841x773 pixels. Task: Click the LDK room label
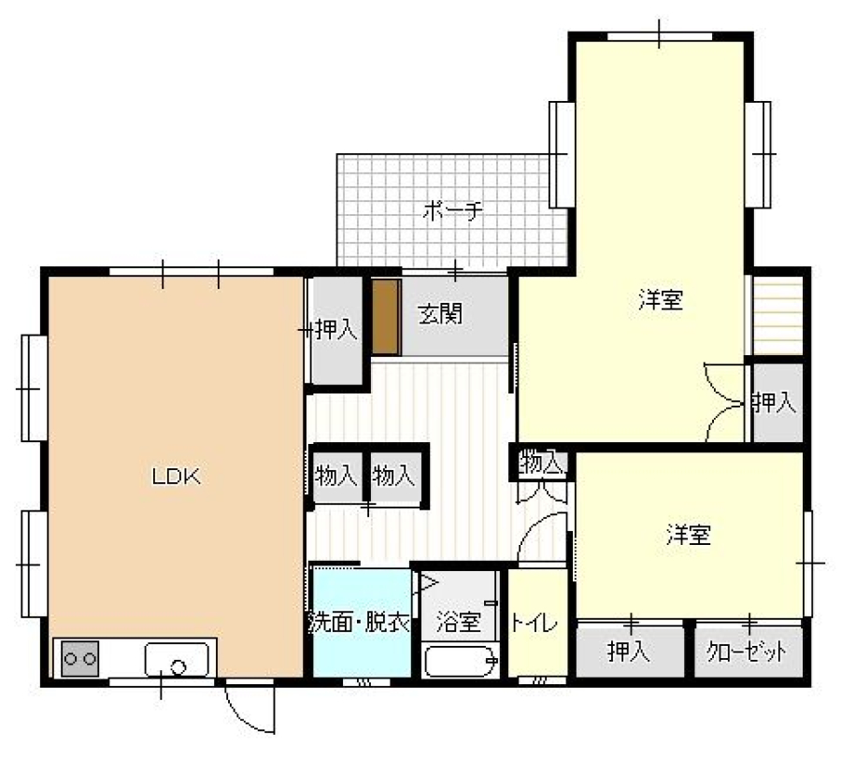177,477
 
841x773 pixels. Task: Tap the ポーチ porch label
452,211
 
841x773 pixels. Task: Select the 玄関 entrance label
440,314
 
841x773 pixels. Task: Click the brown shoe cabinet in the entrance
387,317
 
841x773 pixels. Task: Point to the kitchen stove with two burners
80,658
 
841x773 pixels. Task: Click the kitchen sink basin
177,660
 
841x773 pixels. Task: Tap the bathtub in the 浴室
460,662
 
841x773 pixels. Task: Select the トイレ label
535,623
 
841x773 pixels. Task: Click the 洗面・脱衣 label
361,623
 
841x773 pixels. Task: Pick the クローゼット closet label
747,651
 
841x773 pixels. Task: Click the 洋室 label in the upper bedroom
661,300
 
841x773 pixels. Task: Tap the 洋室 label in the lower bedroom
689,535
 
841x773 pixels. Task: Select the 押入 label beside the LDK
336,329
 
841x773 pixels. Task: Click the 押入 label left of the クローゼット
629,651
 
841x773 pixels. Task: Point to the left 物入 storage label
336,476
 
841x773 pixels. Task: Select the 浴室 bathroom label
458,622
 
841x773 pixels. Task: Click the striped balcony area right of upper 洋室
777,315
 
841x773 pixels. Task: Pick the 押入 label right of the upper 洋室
774,402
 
